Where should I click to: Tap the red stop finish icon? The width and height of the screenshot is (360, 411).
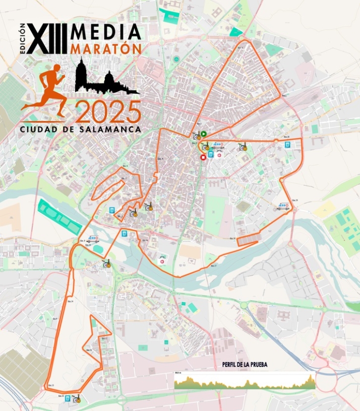(203, 158)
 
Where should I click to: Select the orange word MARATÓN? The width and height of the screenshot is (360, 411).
(106, 49)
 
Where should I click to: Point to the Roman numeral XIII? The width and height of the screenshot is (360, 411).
(47, 39)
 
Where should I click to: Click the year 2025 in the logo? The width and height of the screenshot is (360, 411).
(108, 112)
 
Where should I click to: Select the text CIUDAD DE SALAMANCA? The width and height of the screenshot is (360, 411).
(81, 129)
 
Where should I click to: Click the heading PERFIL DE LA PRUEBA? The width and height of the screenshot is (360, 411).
(245, 364)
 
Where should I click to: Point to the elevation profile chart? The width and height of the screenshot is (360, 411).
(245, 381)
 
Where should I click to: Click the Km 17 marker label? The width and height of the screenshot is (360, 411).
(213, 265)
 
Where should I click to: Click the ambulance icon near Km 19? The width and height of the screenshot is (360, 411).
(282, 205)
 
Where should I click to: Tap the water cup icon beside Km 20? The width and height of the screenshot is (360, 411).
(287, 145)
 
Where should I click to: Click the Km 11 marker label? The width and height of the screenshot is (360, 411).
(105, 338)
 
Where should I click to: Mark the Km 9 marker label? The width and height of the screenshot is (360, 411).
(55, 319)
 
